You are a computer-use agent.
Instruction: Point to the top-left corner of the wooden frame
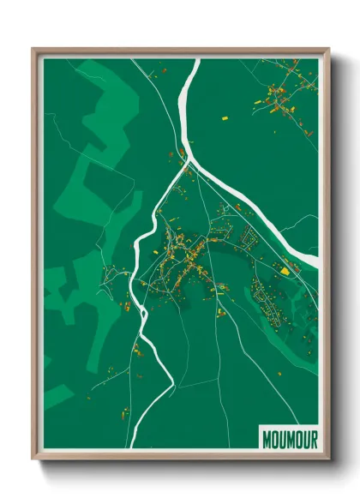point(33,50)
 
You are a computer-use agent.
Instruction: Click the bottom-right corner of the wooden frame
point(329,459)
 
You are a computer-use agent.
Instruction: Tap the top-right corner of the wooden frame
point(329,50)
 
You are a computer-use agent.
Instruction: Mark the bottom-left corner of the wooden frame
point(33,459)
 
